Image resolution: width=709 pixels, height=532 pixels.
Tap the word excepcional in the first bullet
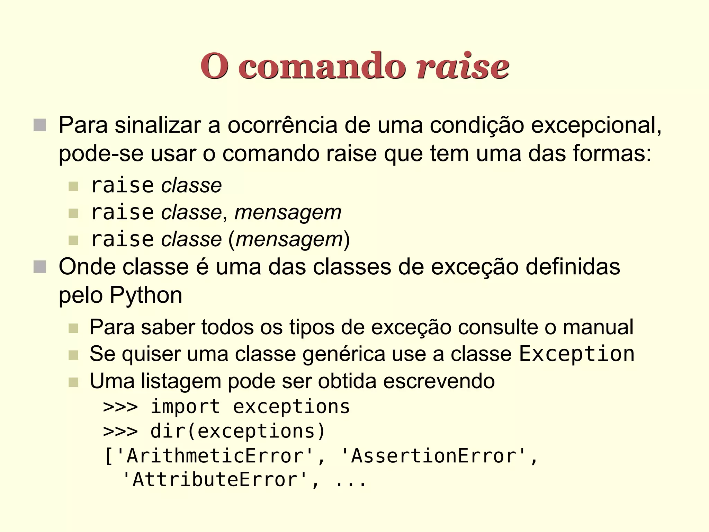(x=595, y=125)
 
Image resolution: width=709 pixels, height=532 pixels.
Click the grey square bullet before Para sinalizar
(x=40, y=125)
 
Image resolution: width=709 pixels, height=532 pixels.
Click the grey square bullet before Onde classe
(x=40, y=267)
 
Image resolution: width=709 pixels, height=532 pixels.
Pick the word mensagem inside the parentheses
(x=289, y=240)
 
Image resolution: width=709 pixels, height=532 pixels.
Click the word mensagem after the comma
(x=288, y=213)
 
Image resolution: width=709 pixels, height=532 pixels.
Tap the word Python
(x=146, y=295)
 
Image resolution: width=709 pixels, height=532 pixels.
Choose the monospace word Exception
(x=576, y=354)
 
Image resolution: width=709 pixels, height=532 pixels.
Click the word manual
(x=598, y=327)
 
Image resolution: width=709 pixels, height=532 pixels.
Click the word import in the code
(x=185, y=407)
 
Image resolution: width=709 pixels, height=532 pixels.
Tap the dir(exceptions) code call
(x=238, y=431)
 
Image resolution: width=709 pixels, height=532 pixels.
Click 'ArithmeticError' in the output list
(x=215, y=456)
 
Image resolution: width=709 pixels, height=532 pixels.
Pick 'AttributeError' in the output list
(x=215, y=480)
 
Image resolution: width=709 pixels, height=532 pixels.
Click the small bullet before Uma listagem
(x=73, y=382)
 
